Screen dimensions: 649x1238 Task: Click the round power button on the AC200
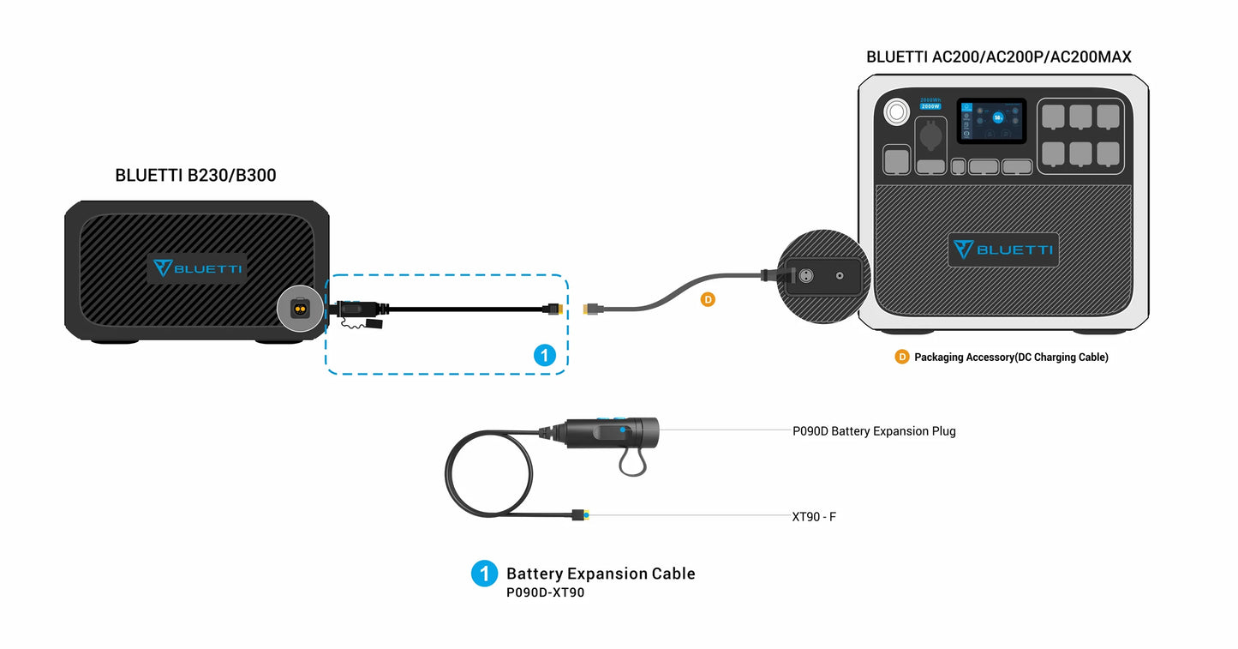point(897,111)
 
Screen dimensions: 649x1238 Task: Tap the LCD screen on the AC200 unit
point(991,120)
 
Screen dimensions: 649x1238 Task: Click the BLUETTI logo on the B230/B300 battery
point(197,267)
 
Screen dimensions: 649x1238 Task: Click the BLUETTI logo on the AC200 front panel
point(1003,249)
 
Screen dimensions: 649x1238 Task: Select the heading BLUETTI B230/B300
point(195,176)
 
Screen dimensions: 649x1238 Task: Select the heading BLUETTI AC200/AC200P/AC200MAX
point(998,57)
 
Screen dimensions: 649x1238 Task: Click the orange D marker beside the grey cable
point(707,300)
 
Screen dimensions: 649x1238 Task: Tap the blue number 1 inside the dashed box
point(544,355)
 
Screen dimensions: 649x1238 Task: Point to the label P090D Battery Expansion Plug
point(873,431)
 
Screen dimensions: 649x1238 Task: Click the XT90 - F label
point(813,517)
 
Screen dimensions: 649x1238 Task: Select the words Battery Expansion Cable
point(600,574)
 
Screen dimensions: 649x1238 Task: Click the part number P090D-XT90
point(545,592)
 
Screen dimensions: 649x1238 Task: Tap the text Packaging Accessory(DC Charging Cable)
point(1010,358)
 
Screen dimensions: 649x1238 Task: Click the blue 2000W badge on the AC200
point(931,106)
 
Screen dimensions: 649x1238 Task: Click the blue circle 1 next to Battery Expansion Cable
point(484,574)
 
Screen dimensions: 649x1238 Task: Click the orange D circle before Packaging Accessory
point(901,357)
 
